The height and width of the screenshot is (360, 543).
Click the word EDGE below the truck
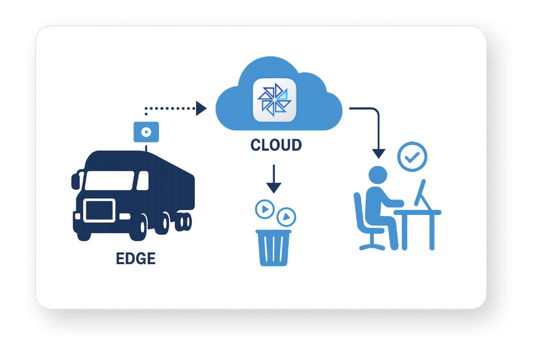pos(136,258)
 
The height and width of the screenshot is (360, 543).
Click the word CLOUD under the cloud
pos(276,145)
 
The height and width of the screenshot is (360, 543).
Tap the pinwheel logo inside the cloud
pos(274,100)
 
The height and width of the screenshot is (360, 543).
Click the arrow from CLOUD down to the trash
pos(274,178)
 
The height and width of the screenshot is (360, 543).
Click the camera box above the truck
pos(146,132)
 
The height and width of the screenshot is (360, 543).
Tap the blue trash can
pos(273,248)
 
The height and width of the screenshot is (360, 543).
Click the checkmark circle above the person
pos(412,156)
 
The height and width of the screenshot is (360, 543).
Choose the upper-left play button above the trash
pos(264,209)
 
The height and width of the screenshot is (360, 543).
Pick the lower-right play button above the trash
pos(286,217)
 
